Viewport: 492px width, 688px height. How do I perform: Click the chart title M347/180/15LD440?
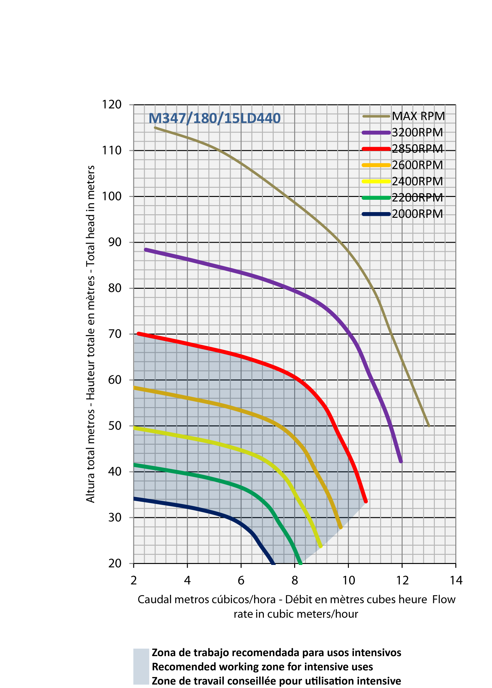215,118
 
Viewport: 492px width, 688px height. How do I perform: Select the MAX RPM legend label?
418,116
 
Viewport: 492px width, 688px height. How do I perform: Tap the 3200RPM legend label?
417,133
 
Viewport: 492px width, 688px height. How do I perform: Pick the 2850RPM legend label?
417,149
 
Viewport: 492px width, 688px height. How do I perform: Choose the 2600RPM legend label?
417,165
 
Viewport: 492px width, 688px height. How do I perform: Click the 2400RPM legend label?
417,181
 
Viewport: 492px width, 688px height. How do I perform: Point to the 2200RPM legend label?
417,198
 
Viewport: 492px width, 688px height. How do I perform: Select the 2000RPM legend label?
417,214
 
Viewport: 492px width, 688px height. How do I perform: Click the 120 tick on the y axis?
112,104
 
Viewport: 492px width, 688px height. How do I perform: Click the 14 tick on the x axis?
456,580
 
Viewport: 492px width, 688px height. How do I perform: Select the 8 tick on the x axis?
295,580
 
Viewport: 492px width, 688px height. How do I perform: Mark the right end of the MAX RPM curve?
429,426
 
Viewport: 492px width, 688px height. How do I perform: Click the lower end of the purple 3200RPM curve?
401,461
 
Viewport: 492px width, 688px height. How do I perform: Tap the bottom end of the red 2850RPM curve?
366,501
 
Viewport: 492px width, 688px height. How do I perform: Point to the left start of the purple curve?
146,250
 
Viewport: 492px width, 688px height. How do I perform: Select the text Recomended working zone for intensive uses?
262,667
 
